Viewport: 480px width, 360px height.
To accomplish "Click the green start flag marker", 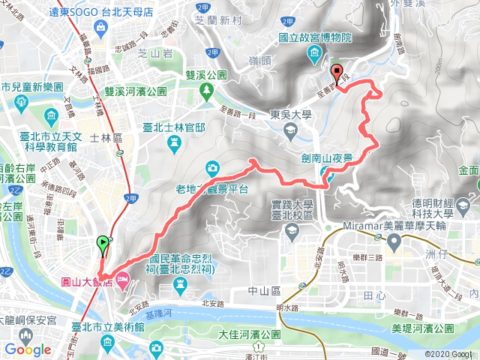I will tap(101, 243).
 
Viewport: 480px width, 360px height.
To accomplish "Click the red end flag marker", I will tap(334, 73).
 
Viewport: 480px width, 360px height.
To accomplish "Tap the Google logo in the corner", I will tap(28, 349).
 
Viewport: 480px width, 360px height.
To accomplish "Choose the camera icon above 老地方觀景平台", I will tap(212, 168).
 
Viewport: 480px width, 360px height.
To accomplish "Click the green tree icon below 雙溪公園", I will tap(205, 91).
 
